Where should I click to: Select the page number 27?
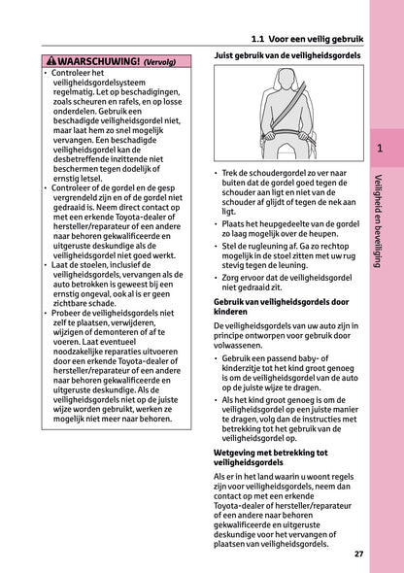(358, 554)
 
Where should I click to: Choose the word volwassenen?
(243, 342)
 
